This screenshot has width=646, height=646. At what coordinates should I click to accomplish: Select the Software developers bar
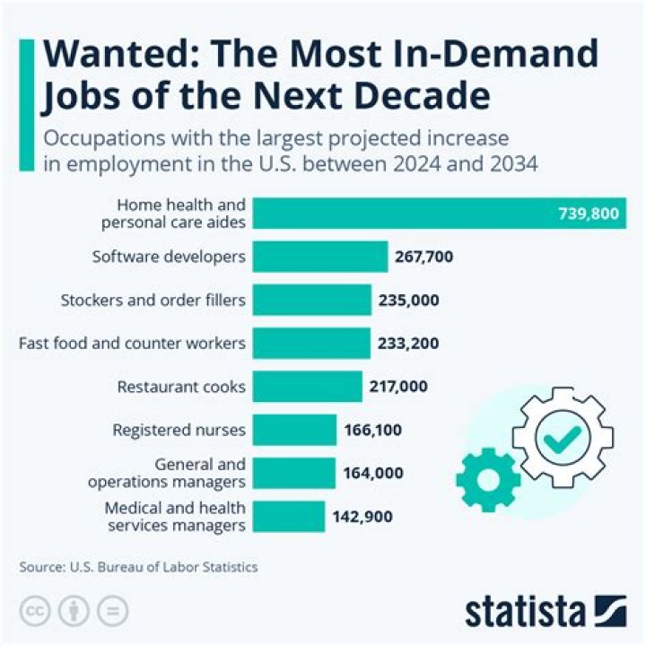[319, 257]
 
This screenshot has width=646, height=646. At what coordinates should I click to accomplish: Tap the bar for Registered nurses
[294, 430]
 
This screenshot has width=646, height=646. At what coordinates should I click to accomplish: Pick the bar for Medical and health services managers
[288, 517]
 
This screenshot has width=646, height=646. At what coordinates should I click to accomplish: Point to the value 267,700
[423, 257]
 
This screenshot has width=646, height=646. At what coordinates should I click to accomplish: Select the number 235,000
[409, 300]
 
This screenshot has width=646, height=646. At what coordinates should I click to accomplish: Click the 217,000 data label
[398, 387]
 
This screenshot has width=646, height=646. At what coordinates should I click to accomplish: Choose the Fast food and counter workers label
[132, 343]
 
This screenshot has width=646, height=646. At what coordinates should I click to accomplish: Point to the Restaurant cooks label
[181, 387]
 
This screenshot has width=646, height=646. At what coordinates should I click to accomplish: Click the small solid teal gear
[487, 478]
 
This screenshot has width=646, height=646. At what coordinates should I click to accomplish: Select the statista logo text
[526, 612]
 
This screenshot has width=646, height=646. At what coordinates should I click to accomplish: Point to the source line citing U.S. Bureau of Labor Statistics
[138, 567]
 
